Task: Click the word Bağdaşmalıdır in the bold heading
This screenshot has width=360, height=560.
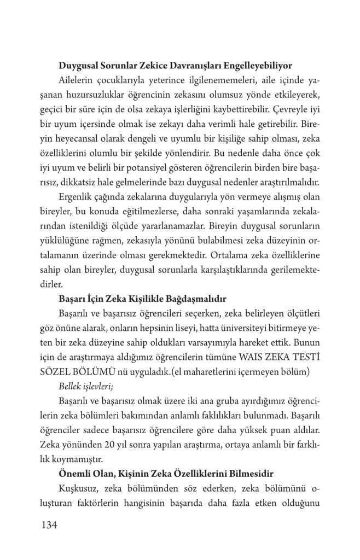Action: point(196,299)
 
